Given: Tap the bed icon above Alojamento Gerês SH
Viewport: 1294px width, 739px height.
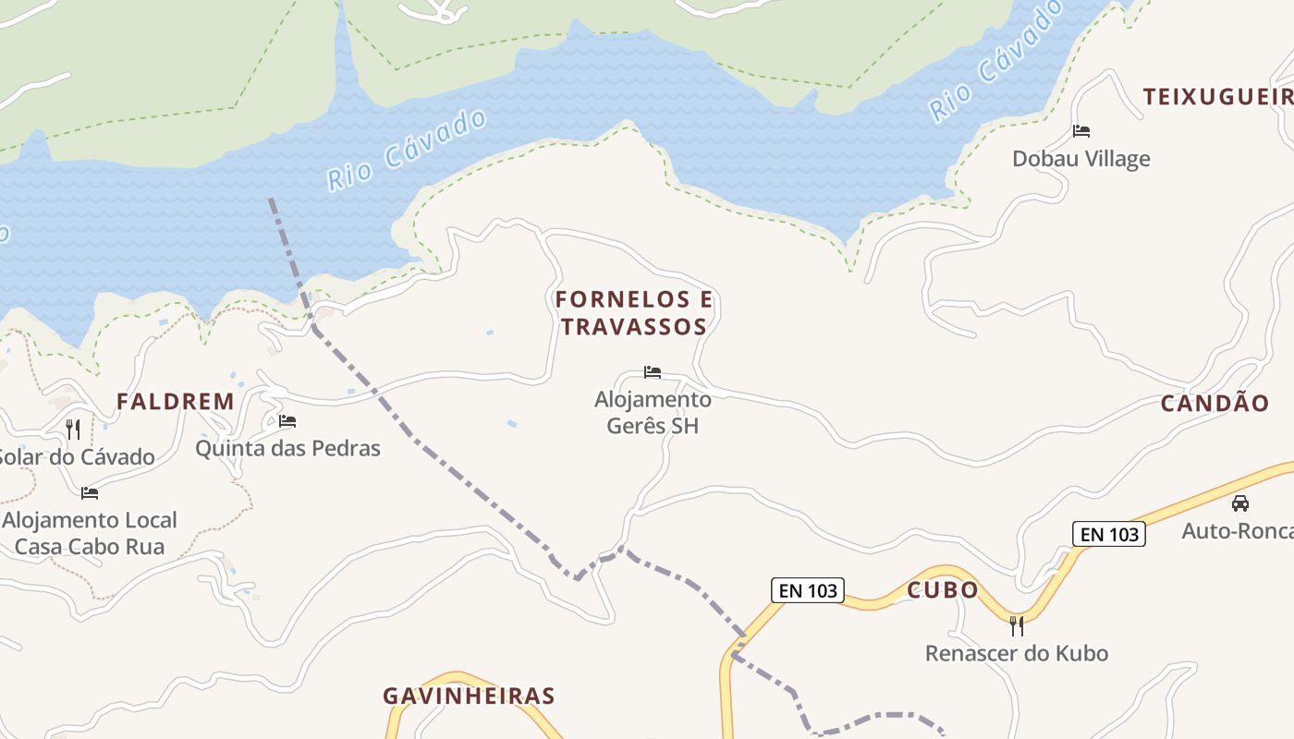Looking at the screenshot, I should (x=653, y=372).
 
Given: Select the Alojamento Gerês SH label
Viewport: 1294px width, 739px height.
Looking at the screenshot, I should (x=653, y=412).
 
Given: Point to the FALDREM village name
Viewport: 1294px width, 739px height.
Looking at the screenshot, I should (x=175, y=402).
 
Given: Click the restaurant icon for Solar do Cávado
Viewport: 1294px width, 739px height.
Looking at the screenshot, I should (x=73, y=429).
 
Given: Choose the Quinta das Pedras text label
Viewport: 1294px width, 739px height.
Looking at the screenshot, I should (x=287, y=449).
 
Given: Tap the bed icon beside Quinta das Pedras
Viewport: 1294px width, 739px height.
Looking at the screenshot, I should (x=287, y=421).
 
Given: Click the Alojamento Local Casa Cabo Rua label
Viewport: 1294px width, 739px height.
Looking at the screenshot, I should (x=90, y=533).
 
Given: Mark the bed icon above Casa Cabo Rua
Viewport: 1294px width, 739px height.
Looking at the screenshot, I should (x=90, y=492).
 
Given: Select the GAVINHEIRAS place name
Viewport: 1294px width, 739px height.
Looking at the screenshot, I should (x=469, y=697).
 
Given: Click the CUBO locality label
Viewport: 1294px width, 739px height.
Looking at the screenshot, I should (x=942, y=590).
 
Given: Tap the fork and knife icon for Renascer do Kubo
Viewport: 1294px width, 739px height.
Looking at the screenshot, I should (x=1017, y=625).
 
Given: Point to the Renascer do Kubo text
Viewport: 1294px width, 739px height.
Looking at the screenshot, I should (x=1017, y=653).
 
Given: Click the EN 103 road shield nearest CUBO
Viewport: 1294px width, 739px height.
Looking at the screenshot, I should (x=808, y=590).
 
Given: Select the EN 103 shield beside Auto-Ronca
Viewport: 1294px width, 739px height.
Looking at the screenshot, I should (x=1108, y=533).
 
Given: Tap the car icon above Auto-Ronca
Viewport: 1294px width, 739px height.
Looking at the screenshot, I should (x=1239, y=503).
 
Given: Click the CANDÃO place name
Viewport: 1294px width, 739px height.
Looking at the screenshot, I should (x=1215, y=404).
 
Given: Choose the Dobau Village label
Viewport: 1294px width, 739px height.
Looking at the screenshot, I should (x=1080, y=159).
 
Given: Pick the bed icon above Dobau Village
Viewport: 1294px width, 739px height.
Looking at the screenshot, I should (x=1080, y=131).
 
